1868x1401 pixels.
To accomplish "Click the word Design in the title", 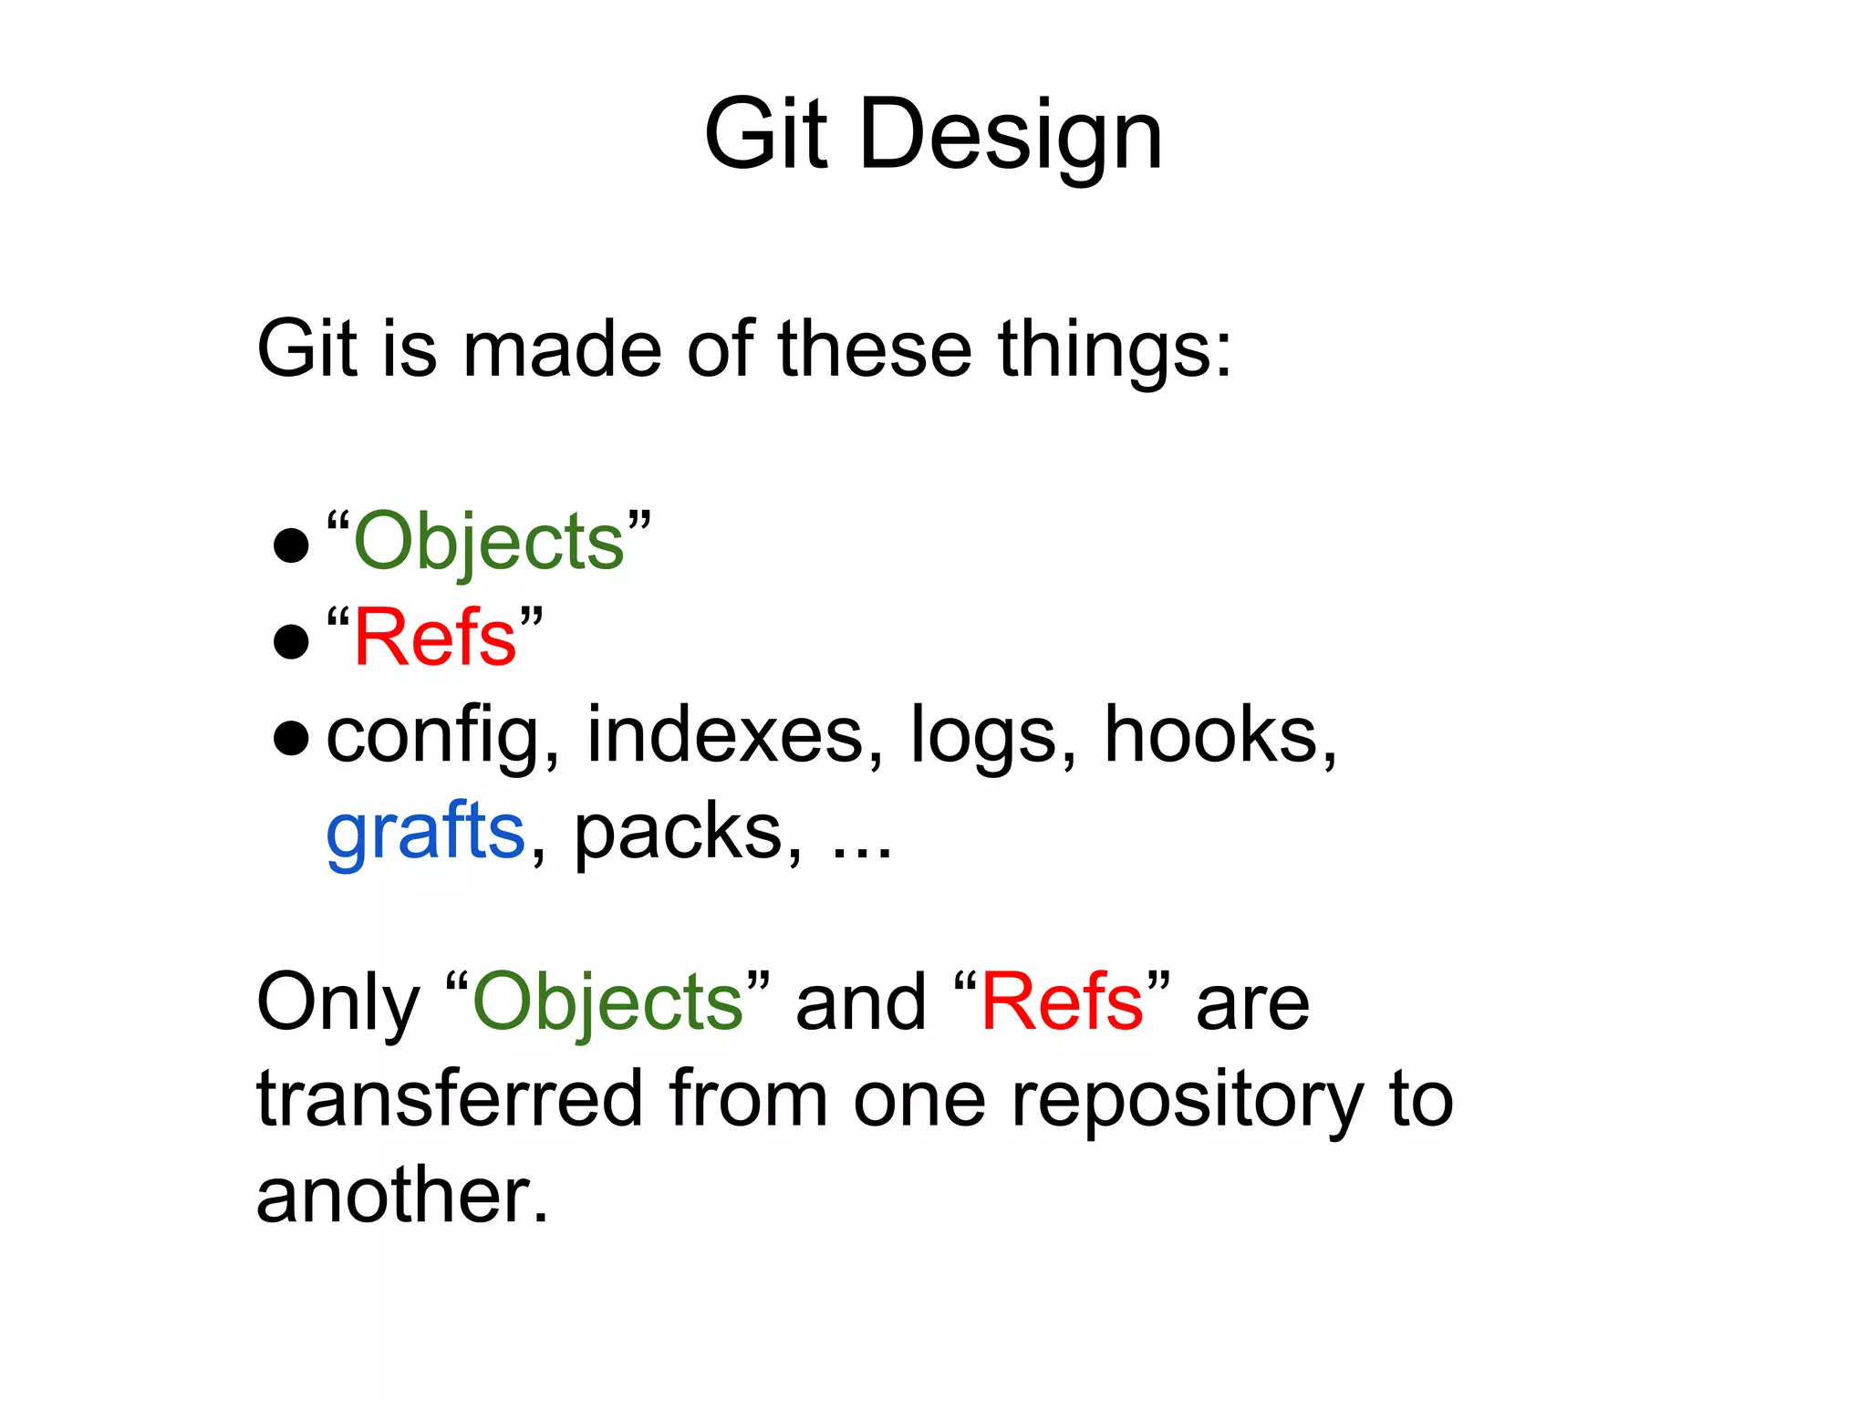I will [1011, 135].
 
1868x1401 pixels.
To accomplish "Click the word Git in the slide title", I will [766, 135].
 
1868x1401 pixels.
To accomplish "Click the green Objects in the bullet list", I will [489, 542].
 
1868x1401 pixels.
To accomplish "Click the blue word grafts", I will [426, 832].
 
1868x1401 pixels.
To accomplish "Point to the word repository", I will [1187, 1100].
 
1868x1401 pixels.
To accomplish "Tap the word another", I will [402, 1196].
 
